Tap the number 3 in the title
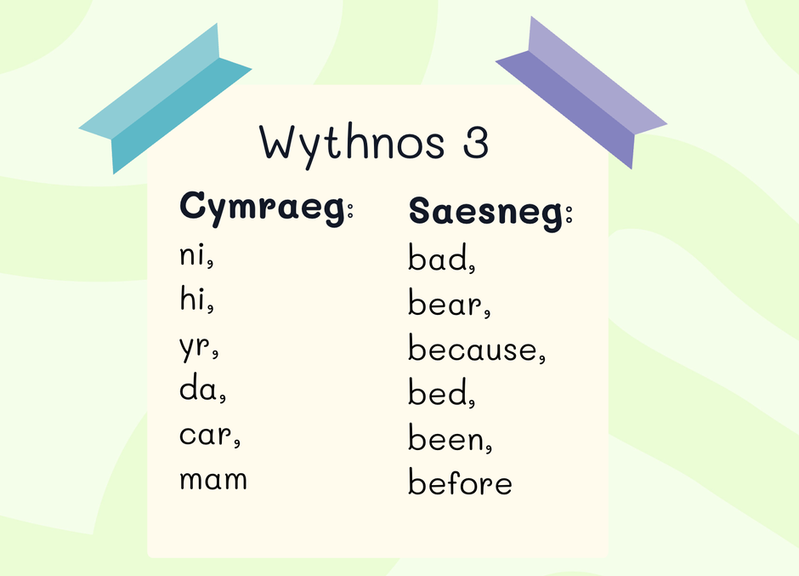[x=476, y=141]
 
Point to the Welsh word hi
[x=192, y=298]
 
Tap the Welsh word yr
[x=195, y=346]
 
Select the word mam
[x=213, y=480]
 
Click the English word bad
[x=438, y=257]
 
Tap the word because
[x=473, y=348]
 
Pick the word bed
[x=438, y=392]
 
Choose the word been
[x=446, y=437]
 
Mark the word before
[x=460, y=481]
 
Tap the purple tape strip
[x=581, y=93]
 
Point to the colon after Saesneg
[x=569, y=214]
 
